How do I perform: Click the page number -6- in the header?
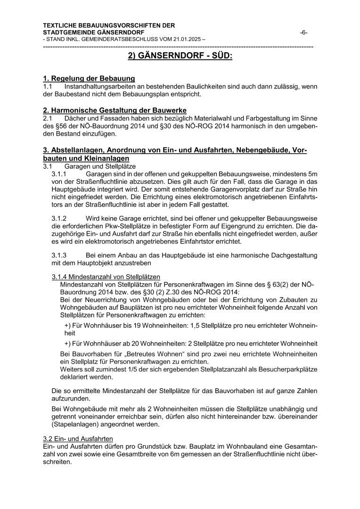[x=304, y=32]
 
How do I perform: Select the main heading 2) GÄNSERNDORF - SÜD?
[x=180, y=57]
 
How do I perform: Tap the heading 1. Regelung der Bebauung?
[x=89, y=79]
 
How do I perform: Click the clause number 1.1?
[x=48, y=87]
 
